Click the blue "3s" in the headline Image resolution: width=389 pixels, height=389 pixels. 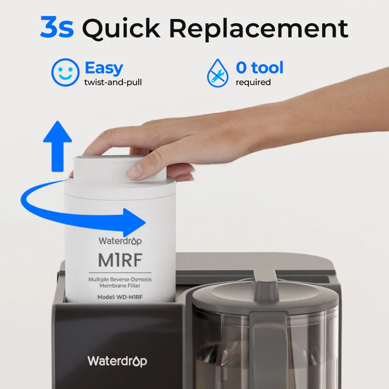57,27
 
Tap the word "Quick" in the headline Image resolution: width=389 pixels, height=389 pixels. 121,29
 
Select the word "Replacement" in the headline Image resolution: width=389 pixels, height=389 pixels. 259,29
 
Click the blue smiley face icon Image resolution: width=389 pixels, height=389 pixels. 65,72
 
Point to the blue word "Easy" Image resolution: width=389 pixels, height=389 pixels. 104,68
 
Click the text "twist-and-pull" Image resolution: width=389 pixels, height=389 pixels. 113,82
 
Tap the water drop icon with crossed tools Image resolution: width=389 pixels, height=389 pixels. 217,73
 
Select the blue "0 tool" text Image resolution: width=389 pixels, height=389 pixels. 260,68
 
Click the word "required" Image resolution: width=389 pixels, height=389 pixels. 253,82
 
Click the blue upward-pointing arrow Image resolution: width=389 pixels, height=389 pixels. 57,146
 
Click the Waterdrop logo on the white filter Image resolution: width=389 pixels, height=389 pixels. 120,241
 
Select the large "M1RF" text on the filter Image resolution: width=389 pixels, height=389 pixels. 120,260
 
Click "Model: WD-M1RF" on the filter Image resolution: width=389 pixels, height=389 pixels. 120,297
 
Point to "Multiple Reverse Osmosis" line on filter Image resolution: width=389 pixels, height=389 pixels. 120,279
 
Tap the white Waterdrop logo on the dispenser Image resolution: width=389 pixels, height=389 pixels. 117,361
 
